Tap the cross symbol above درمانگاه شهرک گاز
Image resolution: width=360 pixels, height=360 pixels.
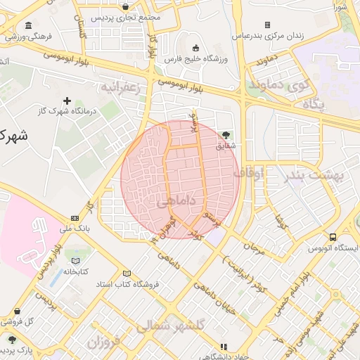pos(67,101)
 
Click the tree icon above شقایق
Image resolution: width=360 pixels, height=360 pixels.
pos(226,134)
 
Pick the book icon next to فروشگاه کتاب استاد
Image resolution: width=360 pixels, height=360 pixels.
pos(127,274)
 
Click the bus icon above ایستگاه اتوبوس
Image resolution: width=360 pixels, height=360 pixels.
pos(333,238)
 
